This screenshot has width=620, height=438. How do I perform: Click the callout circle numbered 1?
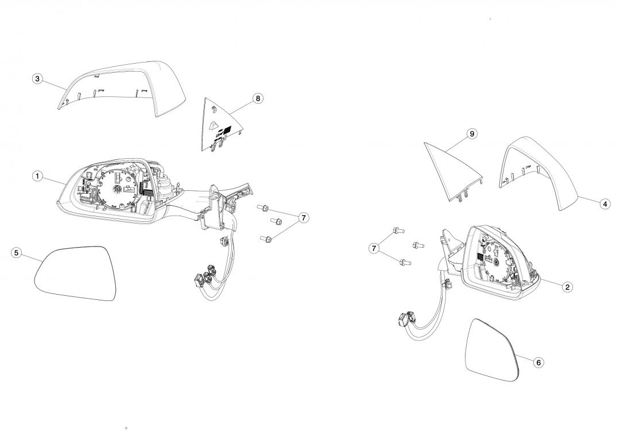[x=37, y=176]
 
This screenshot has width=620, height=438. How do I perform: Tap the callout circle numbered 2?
[x=567, y=287]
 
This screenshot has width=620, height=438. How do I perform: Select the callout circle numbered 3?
[x=37, y=79]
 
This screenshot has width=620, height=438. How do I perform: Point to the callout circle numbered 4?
[x=604, y=204]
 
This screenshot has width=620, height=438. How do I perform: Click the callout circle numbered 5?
[x=16, y=253]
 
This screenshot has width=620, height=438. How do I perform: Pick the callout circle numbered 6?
[x=538, y=362]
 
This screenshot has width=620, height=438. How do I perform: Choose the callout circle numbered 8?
[x=258, y=99]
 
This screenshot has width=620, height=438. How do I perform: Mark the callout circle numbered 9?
[x=472, y=134]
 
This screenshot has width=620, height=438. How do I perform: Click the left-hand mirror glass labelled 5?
[x=75, y=272]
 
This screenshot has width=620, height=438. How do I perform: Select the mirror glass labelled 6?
[x=493, y=350]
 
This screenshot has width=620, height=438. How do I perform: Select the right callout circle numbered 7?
[x=303, y=218]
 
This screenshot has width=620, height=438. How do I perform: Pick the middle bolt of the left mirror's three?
[x=275, y=221]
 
